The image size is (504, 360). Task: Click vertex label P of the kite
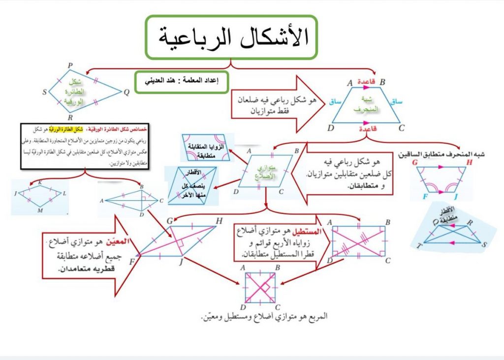click(70, 65)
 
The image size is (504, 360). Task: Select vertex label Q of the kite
click(126, 91)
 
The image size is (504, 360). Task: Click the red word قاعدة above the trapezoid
click(367, 82)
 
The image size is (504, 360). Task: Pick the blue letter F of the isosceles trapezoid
click(426, 197)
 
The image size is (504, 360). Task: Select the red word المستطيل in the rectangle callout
click(305, 232)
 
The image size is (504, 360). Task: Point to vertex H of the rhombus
click(219, 221)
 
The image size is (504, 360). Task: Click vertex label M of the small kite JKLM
click(41, 210)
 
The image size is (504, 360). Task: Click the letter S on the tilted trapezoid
click(485, 244)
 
